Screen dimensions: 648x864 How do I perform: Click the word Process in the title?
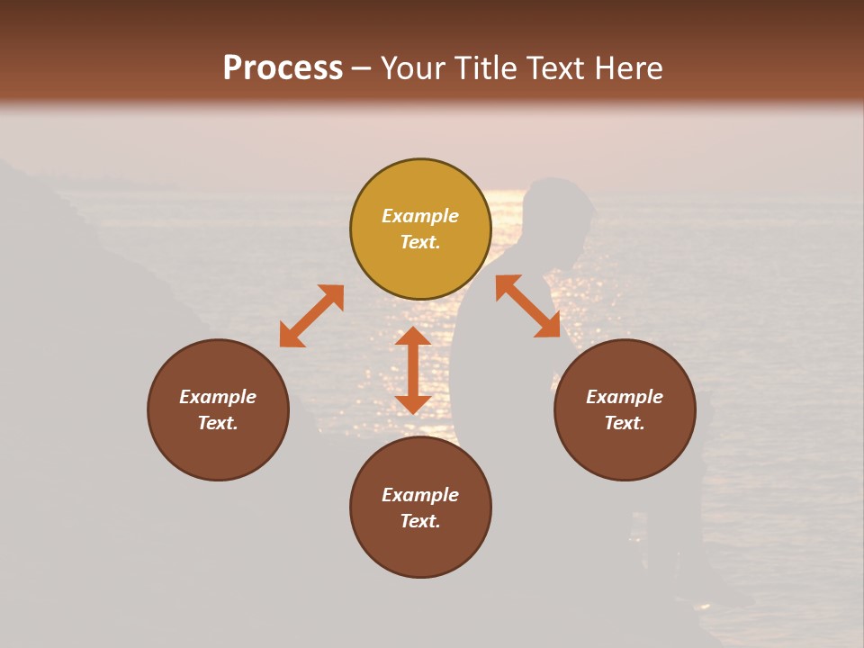coord(283,68)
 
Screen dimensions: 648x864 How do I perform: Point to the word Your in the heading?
coord(414,68)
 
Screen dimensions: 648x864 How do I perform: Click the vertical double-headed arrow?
coord(413,370)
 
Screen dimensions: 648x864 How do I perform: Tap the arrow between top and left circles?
coord(311,316)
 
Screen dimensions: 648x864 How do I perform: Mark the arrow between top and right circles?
coord(527,306)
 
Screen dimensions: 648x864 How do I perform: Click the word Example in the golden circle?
coord(420,216)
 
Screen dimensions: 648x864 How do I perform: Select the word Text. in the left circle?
coord(218,423)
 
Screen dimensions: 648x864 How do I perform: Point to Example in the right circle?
coord(625,397)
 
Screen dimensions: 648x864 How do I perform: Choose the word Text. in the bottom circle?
coord(420,521)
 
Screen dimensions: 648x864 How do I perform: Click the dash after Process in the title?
coord(362,69)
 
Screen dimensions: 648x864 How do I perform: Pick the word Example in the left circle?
coord(218,397)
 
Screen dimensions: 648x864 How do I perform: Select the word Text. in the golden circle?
coord(420,242)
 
